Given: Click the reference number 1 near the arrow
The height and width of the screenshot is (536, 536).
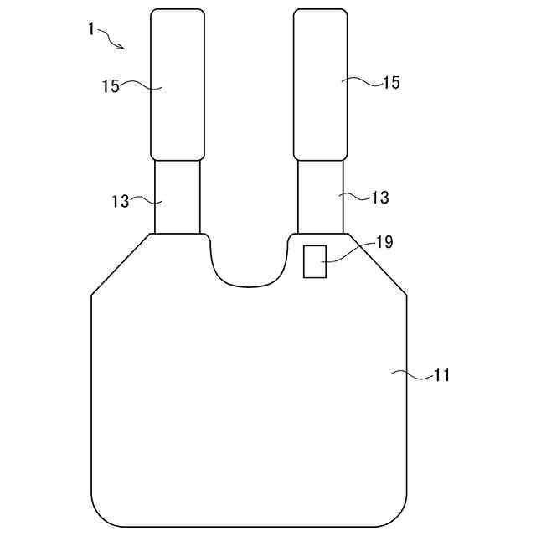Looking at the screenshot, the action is (90, 29).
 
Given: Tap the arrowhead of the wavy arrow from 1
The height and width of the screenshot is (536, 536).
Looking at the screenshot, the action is (121, 47).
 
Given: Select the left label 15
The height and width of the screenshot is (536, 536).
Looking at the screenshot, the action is (111, 86).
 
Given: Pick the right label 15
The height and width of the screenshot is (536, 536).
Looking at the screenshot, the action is (391, 82).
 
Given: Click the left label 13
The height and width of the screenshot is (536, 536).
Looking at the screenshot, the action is (121, 201).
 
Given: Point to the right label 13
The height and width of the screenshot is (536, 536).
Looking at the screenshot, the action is (380, 198).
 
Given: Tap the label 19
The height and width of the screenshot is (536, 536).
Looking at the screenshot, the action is (384, 242).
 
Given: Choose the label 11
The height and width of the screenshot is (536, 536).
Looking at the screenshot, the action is (441, 375).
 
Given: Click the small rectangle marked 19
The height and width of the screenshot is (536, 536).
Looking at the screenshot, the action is (315, 261).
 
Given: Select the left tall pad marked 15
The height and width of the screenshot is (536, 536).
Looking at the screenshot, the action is (178, 85).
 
